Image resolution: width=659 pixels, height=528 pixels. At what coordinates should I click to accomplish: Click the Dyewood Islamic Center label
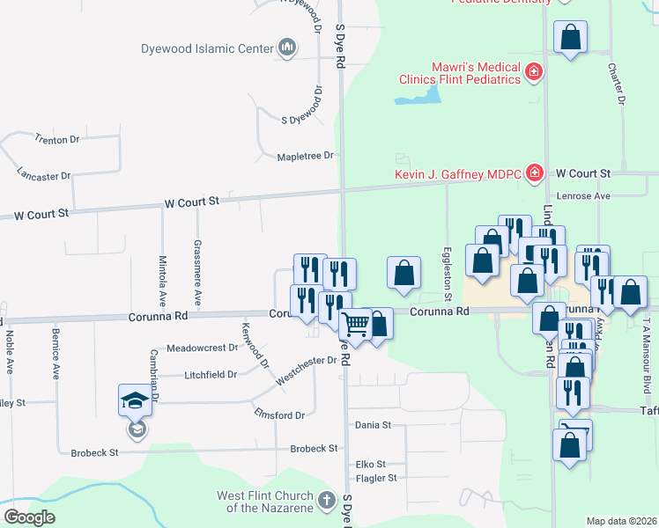tap(208, 48)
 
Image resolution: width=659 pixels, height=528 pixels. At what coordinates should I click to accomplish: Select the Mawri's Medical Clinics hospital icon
tap(533, 72)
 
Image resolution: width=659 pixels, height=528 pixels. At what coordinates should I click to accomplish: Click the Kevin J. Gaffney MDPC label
tap(457, 173)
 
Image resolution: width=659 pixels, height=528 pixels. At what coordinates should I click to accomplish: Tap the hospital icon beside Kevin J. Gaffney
tap(533, 173)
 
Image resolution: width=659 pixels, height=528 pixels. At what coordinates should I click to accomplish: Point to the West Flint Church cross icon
tap(327, 502)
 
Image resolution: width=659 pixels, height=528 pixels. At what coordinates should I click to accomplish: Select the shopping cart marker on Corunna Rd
tap(356, 324)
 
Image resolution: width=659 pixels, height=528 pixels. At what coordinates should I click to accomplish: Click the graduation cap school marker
tap(136, 400)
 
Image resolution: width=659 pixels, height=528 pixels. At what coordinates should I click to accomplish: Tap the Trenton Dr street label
tap(56, 139)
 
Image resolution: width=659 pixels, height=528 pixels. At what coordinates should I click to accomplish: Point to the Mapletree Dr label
tap(306, 156)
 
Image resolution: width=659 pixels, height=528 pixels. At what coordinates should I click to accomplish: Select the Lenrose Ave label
tap(583, 195)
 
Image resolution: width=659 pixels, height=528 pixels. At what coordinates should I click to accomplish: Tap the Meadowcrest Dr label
tap(203, 348)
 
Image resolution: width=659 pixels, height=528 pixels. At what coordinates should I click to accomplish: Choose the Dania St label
tap(373, 425)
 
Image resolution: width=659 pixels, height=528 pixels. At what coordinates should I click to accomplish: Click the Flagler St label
tap(375, 478)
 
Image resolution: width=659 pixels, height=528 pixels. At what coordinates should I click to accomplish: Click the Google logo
tap(29, 517)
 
